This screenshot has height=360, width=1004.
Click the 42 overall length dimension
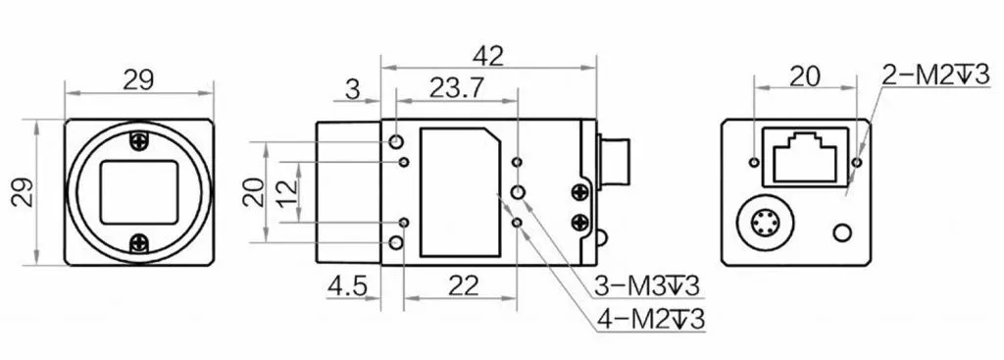tap(488, 56)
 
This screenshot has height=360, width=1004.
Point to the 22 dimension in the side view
tap(464, 286)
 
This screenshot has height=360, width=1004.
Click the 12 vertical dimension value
tap(289, 191)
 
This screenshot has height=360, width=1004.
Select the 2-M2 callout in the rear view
tap(935, 75)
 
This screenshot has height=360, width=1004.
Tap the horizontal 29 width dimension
tap(138, 80)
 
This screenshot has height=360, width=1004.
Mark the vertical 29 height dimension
tap(24, 191)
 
